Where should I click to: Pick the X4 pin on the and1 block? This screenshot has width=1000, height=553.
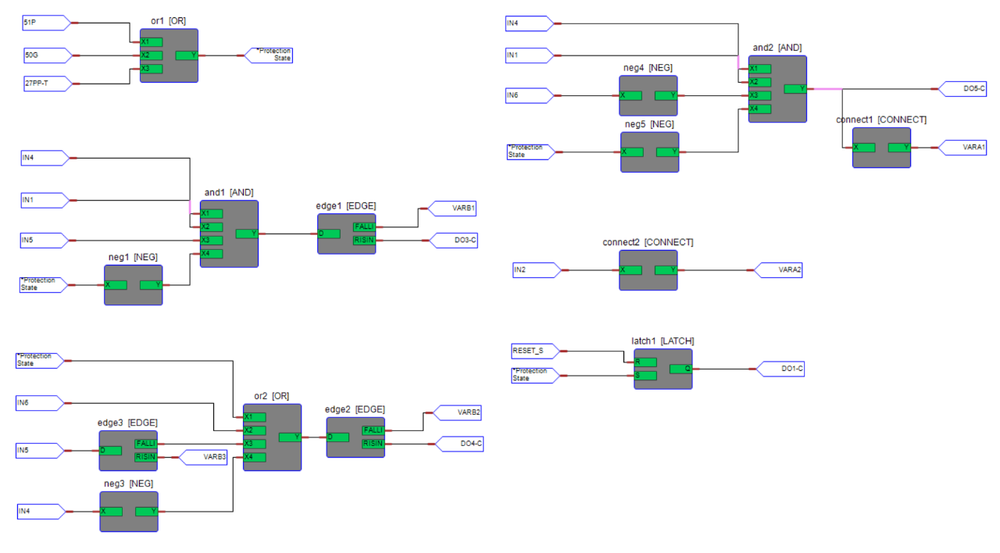coord(211,254)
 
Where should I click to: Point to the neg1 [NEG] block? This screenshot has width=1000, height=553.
coord(133,285)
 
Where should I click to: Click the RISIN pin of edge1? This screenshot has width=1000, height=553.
coord(364,240)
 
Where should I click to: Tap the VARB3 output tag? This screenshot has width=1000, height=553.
coord(205,457)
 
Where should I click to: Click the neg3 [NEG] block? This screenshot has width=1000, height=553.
coord(129,512)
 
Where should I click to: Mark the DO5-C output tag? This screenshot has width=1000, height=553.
coord(966,89)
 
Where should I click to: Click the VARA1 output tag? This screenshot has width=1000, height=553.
coord(966,147)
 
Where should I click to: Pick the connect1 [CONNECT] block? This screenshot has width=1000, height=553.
coord(881,148)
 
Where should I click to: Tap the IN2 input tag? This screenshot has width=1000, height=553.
coord(533,270)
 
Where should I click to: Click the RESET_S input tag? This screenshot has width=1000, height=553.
coord(533,351)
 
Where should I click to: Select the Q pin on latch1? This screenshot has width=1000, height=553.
coord(680,369)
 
